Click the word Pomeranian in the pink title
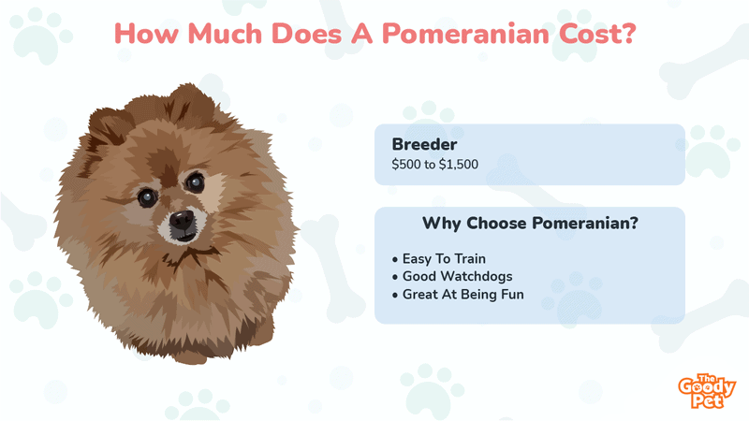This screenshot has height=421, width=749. coord(465,34)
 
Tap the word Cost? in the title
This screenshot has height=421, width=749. coord(597,34)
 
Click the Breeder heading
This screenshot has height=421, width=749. coord(424,144)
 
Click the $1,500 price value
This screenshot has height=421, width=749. coord(459,165)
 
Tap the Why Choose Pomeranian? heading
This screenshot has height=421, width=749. coord(530,223)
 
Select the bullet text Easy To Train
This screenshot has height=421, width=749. coord(444,259)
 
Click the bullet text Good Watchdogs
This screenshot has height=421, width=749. coord(458,276)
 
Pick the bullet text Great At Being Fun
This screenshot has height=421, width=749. coord(463,295)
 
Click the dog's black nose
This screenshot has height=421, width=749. coord(182,220)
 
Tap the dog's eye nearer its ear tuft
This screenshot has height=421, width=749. coord(195,181)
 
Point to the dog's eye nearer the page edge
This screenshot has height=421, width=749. coord(147,197)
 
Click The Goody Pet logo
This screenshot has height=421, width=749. coord(707,391)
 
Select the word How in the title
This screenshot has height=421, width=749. coord(146,34)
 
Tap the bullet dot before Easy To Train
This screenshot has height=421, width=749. coord(394,260)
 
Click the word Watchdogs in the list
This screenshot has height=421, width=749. coord(477,276)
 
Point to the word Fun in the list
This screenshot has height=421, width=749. coord(512,295)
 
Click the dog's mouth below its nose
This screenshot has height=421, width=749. coord(184,236)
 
